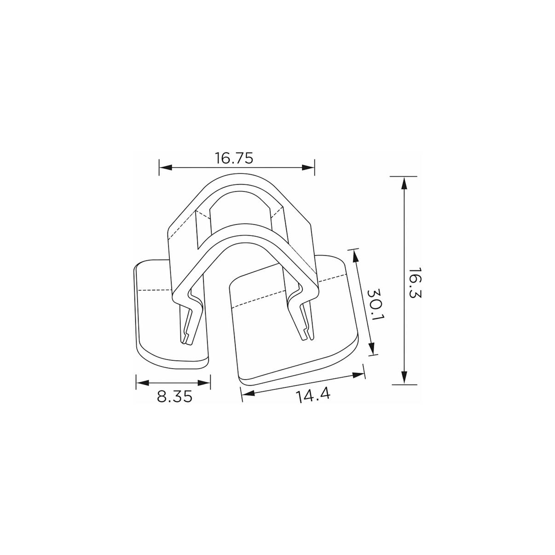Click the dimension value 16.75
pos(234,158)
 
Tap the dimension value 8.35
pos(174,397)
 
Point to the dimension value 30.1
pos(376,308)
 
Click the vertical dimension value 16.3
pos(415,283)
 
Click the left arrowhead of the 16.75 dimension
pos(166,168)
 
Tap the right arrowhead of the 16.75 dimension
pos(308,168)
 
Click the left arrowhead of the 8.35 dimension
pos(143,383)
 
